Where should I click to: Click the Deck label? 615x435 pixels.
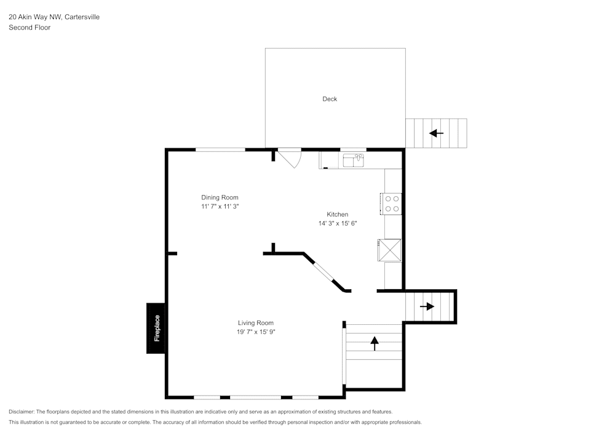(x=330, y=99)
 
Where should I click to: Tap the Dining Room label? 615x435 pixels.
(x=220, y=198)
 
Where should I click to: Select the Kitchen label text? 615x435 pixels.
(x=337, y=214)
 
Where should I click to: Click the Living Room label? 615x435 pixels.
(x=256, y=323)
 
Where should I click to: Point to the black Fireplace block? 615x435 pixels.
(x=156, y=329)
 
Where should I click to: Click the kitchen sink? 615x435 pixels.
(x=353, y=161)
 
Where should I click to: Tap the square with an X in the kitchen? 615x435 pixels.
(x=390, y=250)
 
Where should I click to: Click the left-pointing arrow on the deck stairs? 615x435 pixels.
(x=437, y=133)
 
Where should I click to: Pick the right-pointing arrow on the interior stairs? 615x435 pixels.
(x=427, y=306)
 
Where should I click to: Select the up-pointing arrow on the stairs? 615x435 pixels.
(x=375, y=343)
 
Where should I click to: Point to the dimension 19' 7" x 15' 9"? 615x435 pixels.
(x=256, y=332)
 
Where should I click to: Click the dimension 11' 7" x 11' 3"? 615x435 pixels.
(x=220, y=207)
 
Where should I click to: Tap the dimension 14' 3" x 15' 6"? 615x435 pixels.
(x=338, y=223)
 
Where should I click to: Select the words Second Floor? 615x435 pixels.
(x=30, y=28)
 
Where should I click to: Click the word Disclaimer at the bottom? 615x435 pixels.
(x=22, y=412)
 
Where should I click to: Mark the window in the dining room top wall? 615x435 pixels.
(x=220, y=150)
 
